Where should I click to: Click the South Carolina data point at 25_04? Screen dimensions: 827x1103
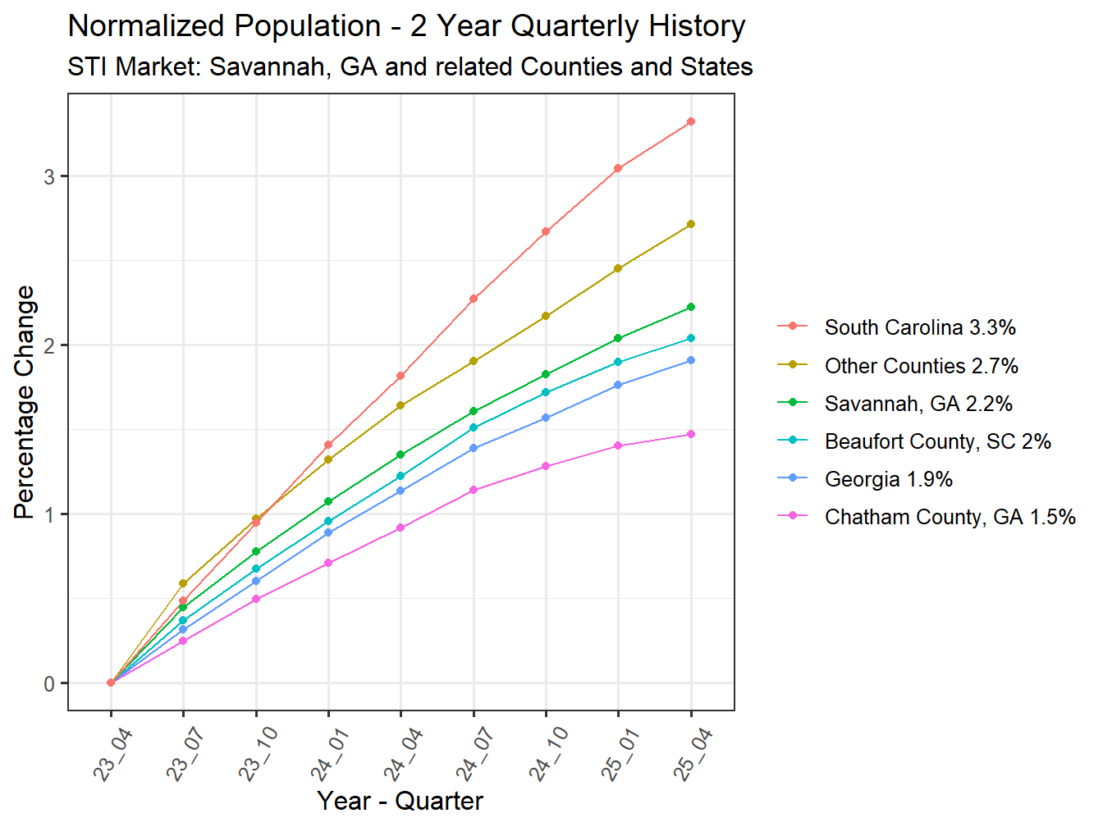pyautogui.click(x=691, y=121)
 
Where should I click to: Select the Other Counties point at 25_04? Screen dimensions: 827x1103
pyautogui.click(x=691, y=224)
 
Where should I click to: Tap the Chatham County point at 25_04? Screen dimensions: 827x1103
pyautogui.click(x=691, y=434)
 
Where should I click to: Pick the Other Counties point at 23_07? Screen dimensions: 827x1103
pyautogui.click(x=183, y=583)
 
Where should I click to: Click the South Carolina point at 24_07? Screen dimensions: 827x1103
pyautogui.click(x=474, y=299)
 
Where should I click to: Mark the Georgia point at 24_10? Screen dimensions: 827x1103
pyautogui.click(x=546, y=418)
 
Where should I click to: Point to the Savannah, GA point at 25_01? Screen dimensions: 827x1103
pyautogui.click(x=618, y=338)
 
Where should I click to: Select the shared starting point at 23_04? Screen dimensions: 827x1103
pyautogui.click(x=111, y=683)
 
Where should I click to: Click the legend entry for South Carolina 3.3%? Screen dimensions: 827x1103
pyautogui.click(x=919, y=327)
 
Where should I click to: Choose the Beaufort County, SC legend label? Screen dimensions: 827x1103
pyautogui.click(x=937, y=441)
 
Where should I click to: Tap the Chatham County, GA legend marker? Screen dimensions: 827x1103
pyautogui.click(x=793, y=517)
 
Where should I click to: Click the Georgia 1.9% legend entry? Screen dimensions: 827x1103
pyautogui.click(x=888, y=479)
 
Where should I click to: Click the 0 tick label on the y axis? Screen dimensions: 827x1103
pyautogui.click(x=50, y=683)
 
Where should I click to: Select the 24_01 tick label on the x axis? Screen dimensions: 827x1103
pyautogui.click(x=330, y=755)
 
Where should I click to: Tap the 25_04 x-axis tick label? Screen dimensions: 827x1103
pyautogui.click(x=693, y=755)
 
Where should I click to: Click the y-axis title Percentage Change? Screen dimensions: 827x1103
pyautogui.click(x=25, y=402)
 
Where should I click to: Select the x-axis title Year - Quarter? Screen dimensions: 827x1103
pyautogui.click(x=400, y=801)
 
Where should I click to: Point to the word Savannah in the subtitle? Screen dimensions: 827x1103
pyautogui.click(x=268, y=66)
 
